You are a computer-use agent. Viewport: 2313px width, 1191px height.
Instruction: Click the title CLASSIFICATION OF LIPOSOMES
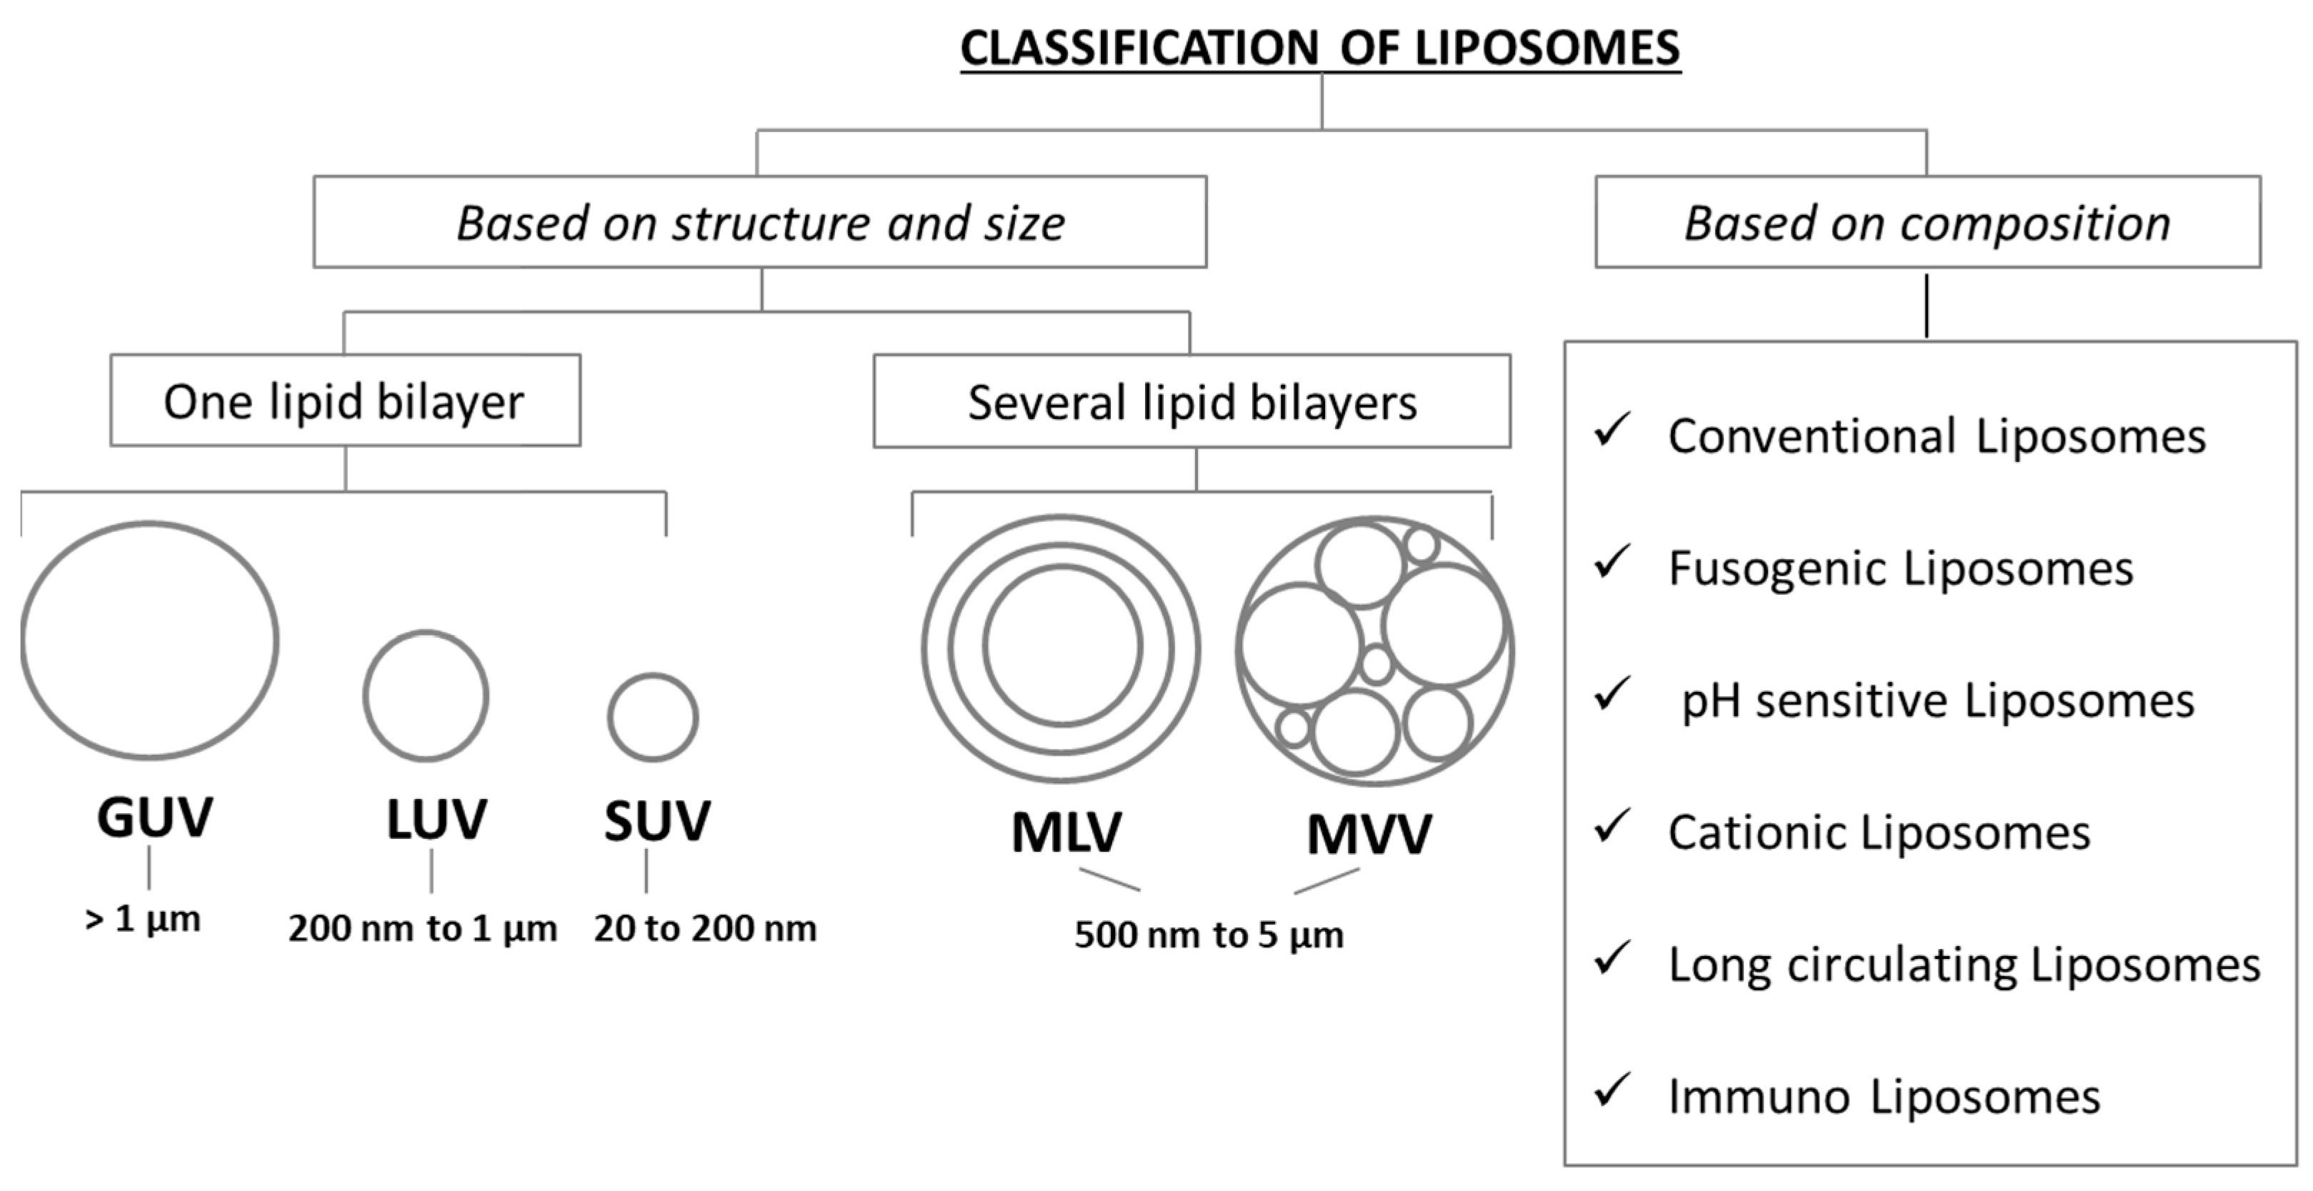[x=1320, y=49]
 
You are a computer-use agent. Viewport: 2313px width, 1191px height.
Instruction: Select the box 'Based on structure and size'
[x=759, y=223]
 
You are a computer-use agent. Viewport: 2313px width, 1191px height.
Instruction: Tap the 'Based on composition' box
[x=1927, y=223]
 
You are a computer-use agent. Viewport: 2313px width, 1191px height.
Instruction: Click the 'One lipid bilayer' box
[x=345, y=401]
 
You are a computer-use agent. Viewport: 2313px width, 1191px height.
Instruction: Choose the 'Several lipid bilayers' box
[x=1192, y=402]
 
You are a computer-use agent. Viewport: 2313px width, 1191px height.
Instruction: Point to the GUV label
[x=154, y=818]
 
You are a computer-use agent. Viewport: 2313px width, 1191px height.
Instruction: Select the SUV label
[x=657, y=821]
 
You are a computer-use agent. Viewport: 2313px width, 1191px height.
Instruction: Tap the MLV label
[x=1066, y=833]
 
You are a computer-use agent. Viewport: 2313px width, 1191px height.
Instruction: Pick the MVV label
[x=1369, y=835]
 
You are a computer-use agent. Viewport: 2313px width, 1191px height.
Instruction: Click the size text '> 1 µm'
[x=143, y=919]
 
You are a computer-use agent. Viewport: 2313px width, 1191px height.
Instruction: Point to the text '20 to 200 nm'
[x=705, y=928]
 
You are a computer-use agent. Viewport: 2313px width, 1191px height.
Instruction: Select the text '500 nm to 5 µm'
[x=1209, y=935]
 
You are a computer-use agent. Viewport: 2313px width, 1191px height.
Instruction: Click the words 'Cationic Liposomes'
[x=1879, y=833]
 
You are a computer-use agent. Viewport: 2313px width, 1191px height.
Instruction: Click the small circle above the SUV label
[x=653, y=717]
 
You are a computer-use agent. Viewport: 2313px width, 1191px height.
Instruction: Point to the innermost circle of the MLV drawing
[x=1062, y=645]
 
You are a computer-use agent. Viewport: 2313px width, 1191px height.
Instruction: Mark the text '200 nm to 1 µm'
[x=422, y=928]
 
